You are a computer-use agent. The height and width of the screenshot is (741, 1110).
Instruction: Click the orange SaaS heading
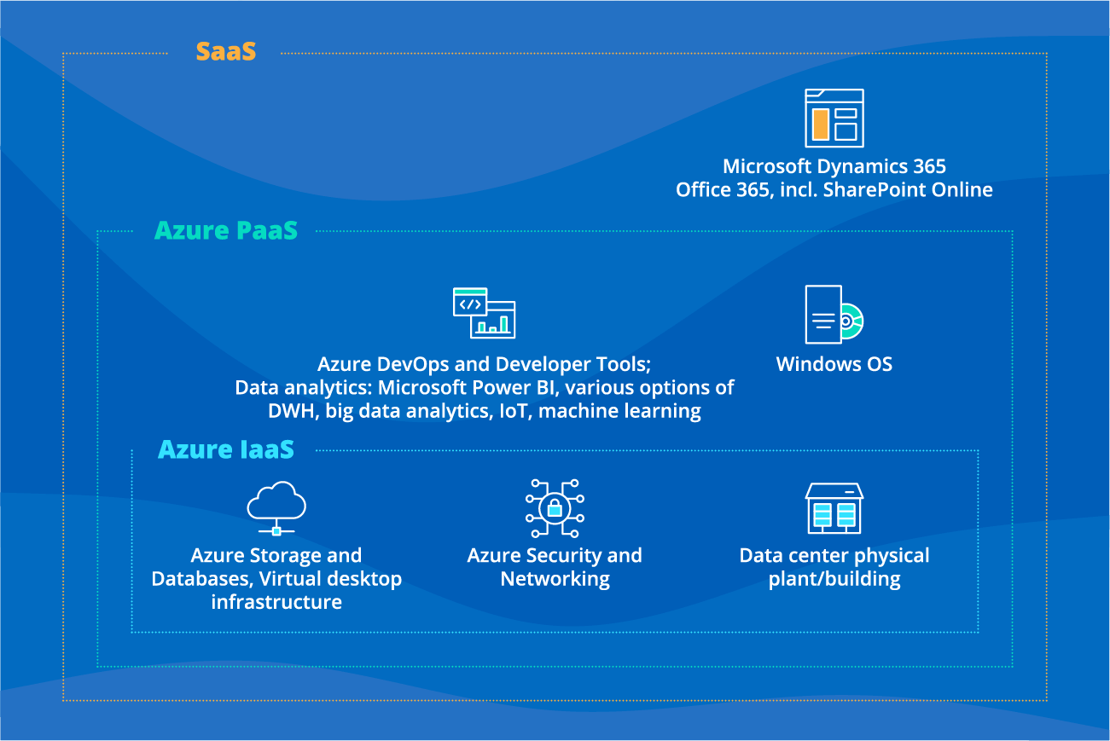tap(225, 52)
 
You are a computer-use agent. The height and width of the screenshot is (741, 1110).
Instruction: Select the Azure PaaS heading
tap(226, 230)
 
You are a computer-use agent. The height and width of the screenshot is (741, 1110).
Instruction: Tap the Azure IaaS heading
tap(226, 449)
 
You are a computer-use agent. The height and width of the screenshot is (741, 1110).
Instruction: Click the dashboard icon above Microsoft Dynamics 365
tap(834, 119)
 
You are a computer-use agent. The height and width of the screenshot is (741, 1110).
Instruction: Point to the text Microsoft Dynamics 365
tap(834, 166)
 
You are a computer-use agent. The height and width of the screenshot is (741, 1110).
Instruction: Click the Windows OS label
tap(834, 365)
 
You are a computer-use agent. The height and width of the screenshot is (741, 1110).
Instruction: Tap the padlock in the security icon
tap(555, 509)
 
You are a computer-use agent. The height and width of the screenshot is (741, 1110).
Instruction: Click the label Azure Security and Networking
tap(555, 567)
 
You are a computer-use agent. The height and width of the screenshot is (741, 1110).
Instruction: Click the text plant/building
tap(834, 580)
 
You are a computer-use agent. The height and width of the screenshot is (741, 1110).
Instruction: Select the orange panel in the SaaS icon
tap(820, 124)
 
